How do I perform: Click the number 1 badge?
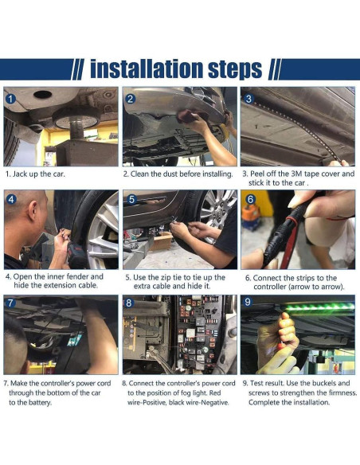(x=10, y=99)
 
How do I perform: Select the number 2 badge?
(x=130, y=99)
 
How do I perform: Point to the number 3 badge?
(x=248, y=99)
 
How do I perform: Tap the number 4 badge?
(x=11, y=199)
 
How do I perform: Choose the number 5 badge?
(x=131, y=199)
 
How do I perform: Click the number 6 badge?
(x=250, y=199)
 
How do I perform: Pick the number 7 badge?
(x=10, y=303)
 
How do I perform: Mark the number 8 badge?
(x=129, y=303)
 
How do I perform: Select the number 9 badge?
(x=248, y=303)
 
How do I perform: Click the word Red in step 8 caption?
(x=215, y=393)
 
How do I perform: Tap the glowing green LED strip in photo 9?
(x=319, y=307)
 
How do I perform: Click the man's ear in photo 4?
(x=33, y=210)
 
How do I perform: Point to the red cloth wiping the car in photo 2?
(x=188, y=115)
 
